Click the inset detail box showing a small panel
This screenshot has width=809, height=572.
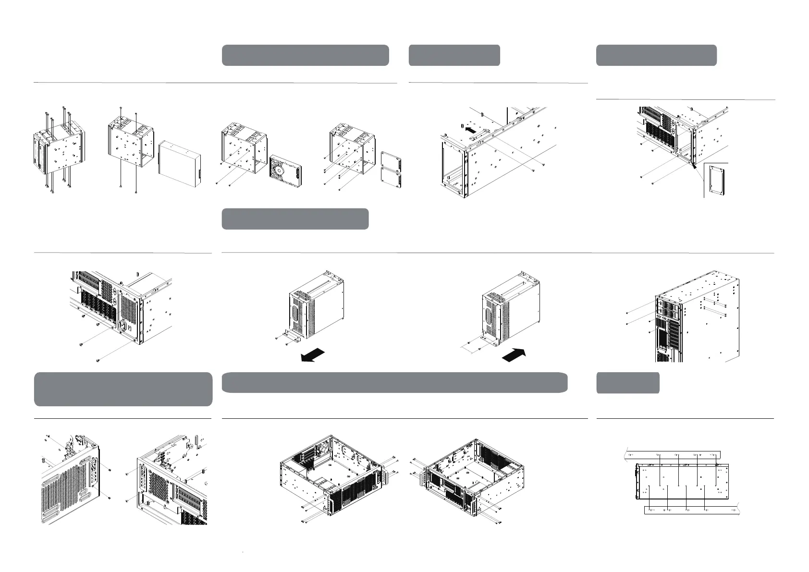coord(716,180)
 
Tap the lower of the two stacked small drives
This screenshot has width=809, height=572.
coord(391,179)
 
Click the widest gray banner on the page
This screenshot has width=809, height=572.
coord(394,382)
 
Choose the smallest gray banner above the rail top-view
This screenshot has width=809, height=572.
coord(627,383)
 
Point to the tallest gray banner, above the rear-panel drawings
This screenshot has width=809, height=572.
coord(123,389)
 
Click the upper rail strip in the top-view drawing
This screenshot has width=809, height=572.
coord(673,454)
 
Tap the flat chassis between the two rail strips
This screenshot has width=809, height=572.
coord(682,483)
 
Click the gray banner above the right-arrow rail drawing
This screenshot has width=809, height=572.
coord(454,55)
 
